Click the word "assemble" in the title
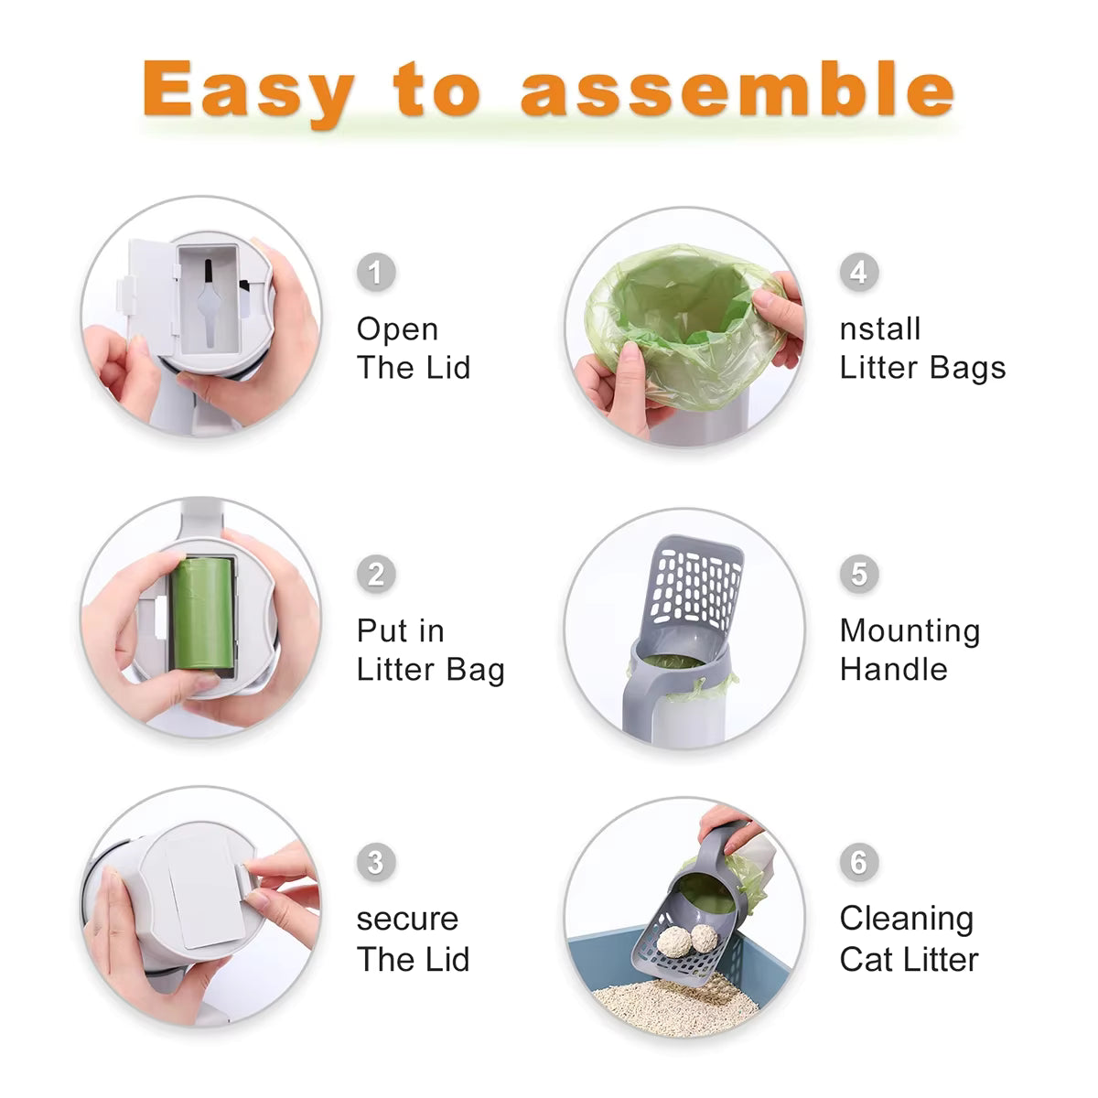pyautogui.click(x=737, y=90)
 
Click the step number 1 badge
pyautogui.click(x=375, y=273)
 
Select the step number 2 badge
pyautogui.click(x=375, y=575)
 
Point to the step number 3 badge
pyautogui.click(x=375, y=862)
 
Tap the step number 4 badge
pyautogui.click(x=858, y=272)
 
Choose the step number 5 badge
pyautogui.click(x=858, y=574)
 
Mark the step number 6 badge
pyautogui.click(x=858, y=862)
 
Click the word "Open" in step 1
pyautogui.click(x=397, y=329)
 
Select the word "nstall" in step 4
pyautogui.click(x=879, y=328)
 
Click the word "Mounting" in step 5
pyautogui.click(x=910, y=631)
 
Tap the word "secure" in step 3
pyautogui.click(x=407, y=919)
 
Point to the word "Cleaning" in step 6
pyautogui.click(x=906, y=919)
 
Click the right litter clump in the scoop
pyautogui.click(x=705, y=936)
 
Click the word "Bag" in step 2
pyautogui.click(x=476, y=670)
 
